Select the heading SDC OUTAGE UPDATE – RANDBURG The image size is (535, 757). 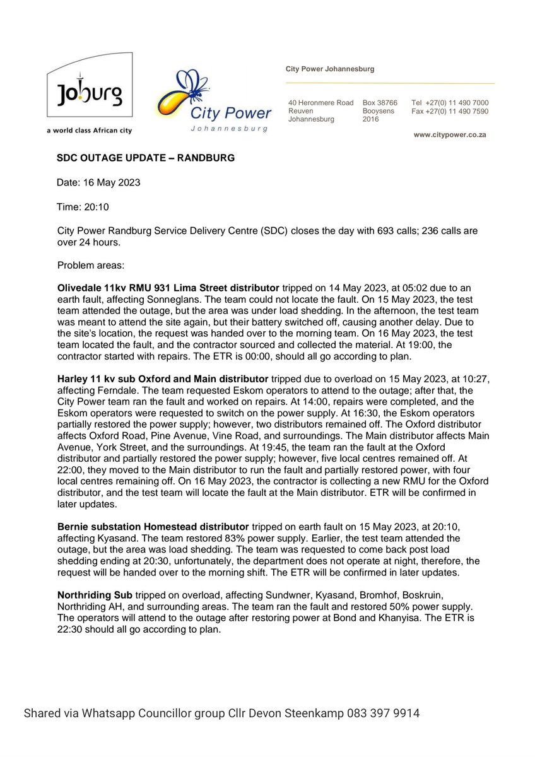coord(146,158)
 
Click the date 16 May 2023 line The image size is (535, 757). coord(98,182)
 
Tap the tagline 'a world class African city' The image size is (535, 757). coord(88,130)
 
